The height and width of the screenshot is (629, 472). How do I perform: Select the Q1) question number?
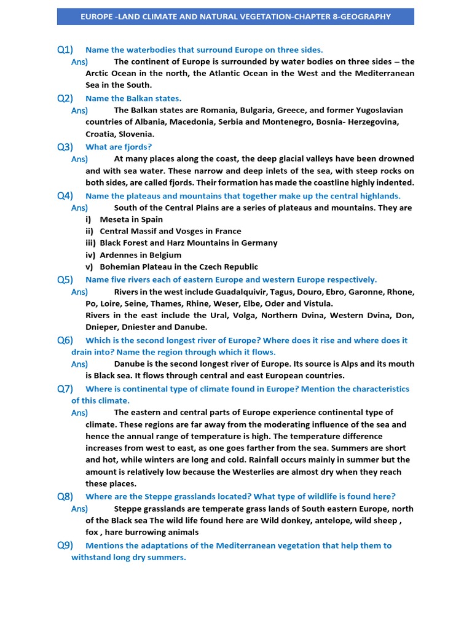(x=65, y=50)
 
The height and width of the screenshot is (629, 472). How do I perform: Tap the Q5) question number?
(x=65, y=279)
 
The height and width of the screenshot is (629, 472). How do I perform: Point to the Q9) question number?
(x=65, y=545)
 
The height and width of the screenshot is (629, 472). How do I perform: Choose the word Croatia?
(x=101, y=134)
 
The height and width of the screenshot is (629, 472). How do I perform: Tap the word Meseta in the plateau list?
(x=114, y=219)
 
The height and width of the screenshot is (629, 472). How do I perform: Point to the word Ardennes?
(x=119, y=255)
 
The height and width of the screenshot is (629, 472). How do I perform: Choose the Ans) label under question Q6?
(x=79, y=364)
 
